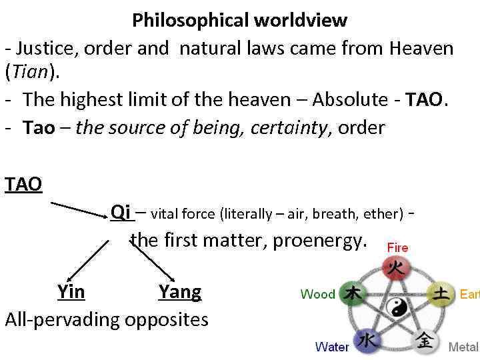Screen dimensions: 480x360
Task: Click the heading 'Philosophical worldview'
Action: pyautogui.click(x=239, y=20)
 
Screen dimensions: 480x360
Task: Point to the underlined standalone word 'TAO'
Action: pyautogui.click(x=23, y=184)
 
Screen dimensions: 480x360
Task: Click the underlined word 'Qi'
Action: pyautogui.click(x=121, y=212)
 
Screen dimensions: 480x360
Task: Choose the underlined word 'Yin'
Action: pyautogui.click(x=71, y=292)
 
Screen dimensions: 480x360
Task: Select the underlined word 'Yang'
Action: pyautogui.click(x=180, y=292)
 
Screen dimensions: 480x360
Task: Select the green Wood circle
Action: pyautogui.click(x=353, y=294)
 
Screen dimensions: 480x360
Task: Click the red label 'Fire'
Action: pyautogui.click(x=397, y=247)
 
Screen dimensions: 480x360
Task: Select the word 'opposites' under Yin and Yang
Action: pyautogui.click(x=164, y=319)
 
